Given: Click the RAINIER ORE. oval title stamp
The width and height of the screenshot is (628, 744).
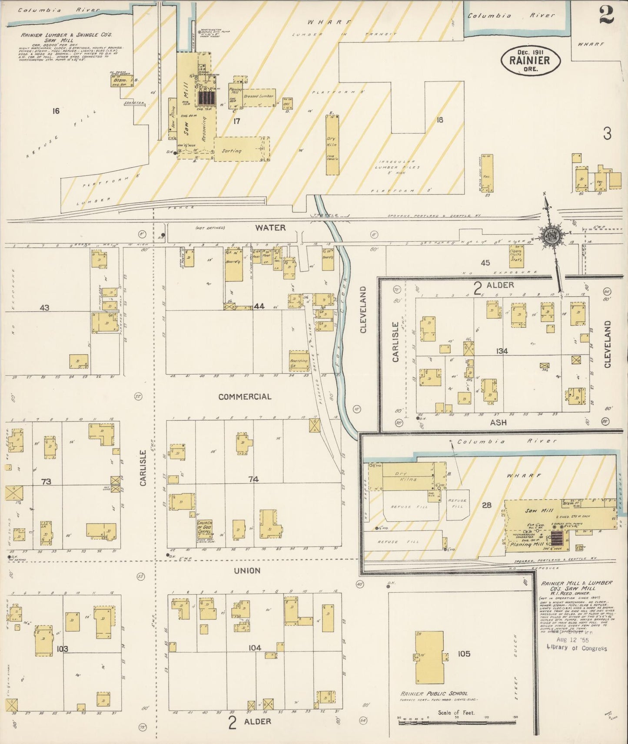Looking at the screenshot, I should [530, 61].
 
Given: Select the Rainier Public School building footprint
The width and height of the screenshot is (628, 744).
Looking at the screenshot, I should [429, 657].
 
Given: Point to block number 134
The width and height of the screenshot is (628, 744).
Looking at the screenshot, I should [502, 351].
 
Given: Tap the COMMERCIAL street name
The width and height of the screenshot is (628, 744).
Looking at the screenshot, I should [245, 397].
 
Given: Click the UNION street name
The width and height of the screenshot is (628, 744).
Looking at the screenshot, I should [247, 571].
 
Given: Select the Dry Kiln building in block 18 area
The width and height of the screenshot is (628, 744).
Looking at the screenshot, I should [332, 145].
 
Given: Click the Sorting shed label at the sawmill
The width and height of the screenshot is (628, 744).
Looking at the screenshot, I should [232, 151].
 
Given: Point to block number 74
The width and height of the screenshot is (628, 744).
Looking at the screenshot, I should [253, 479].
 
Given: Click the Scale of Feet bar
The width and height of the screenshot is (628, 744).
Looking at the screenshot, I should [456, 719].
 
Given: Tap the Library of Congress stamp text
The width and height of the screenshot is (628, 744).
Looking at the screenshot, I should [576, 648].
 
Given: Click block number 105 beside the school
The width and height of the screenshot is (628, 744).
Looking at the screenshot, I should [464, 653].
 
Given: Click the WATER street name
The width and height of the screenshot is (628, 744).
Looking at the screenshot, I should [270, 227].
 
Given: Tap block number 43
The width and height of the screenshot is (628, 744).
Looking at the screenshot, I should [44, 307].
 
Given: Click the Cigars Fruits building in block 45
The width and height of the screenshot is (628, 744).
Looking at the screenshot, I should [516, 256].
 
